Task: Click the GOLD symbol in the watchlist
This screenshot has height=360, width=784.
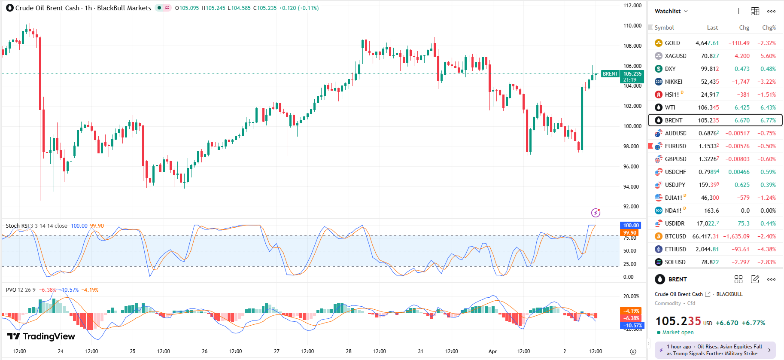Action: pos(672,43)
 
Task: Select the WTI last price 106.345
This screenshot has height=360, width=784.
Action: pos(708,107)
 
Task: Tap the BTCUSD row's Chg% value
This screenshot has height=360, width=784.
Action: pos(766,236)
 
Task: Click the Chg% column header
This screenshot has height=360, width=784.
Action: pos(769,27)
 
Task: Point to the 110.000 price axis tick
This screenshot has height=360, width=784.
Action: pos(632,26)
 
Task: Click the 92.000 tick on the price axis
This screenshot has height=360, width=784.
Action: pos(632,207)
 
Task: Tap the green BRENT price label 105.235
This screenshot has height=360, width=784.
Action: pos(632,74)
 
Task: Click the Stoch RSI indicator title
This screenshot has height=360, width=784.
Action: pos(17,226)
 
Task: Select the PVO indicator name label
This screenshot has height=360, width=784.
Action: pos(11,290)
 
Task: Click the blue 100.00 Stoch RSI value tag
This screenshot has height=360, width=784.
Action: pos(631,226)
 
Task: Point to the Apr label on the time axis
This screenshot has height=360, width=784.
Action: pos(492,351)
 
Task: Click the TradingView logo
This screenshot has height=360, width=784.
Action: pos(41,336)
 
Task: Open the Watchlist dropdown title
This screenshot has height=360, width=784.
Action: pos(671,11)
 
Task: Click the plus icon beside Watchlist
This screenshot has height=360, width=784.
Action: pos(738,11)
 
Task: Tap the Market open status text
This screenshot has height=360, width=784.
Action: pos(678,333)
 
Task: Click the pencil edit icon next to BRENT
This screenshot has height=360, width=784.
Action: pos(755,279)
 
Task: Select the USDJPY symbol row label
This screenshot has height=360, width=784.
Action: pos(675,185)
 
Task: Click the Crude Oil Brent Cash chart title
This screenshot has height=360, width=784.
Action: pos(47,8)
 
